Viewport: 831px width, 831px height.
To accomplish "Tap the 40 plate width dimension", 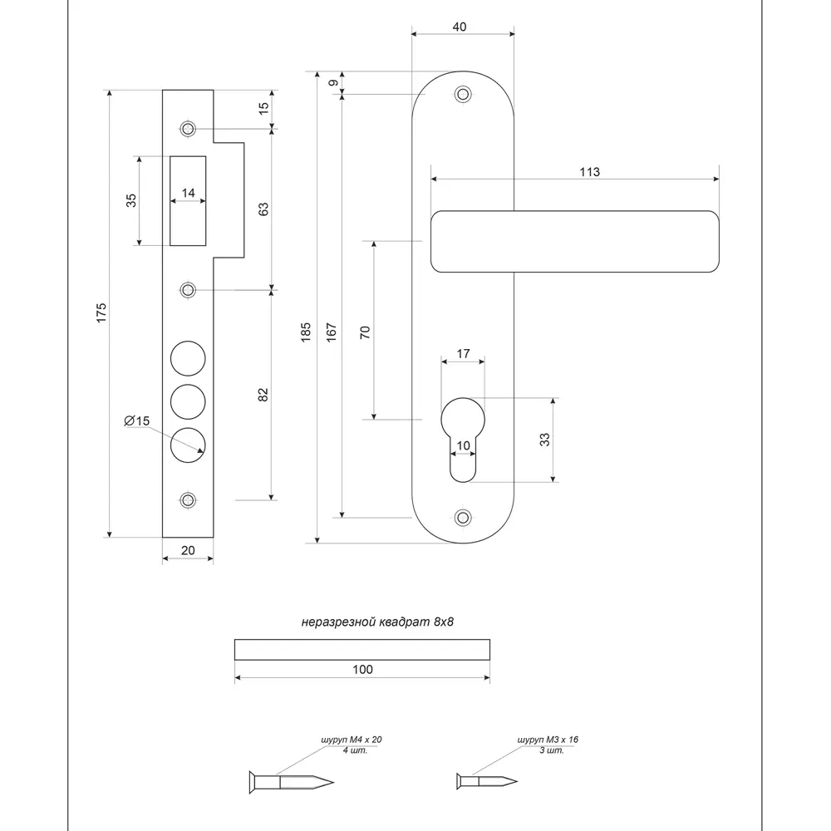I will pyautogui.click(x=459, y=27).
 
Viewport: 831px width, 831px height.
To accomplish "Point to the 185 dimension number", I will pyautogui.click(x=306, y=332).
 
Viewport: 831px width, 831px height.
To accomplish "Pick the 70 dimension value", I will pyautogui.click(x=364, y=332).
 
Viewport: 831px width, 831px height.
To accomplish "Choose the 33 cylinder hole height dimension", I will pyautogui.click(x=545, y=440).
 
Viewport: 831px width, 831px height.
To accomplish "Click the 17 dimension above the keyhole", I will pyautogui.click(x=464, y=354).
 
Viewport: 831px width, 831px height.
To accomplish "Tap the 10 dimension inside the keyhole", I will pyautogui.click(x=464, y=446).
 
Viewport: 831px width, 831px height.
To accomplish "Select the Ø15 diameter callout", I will pyautogui.click(x=137, y=421).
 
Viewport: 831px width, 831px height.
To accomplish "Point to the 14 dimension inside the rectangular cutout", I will pyautogui.click(x=188, y=193).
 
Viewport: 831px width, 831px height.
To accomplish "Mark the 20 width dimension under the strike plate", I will pyautogui.click(x=188, y=549).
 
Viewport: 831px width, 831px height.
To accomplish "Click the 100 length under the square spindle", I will pyautogui.click(x=362, y=669).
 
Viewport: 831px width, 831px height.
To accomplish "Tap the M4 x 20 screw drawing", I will pyautogui.click(x=291, y=781).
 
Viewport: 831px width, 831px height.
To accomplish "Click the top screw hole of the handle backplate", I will pyautogui.click(x=463, y=95).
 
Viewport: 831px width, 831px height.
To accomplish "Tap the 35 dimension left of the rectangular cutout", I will pyautogui.click(x=130, y=200).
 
